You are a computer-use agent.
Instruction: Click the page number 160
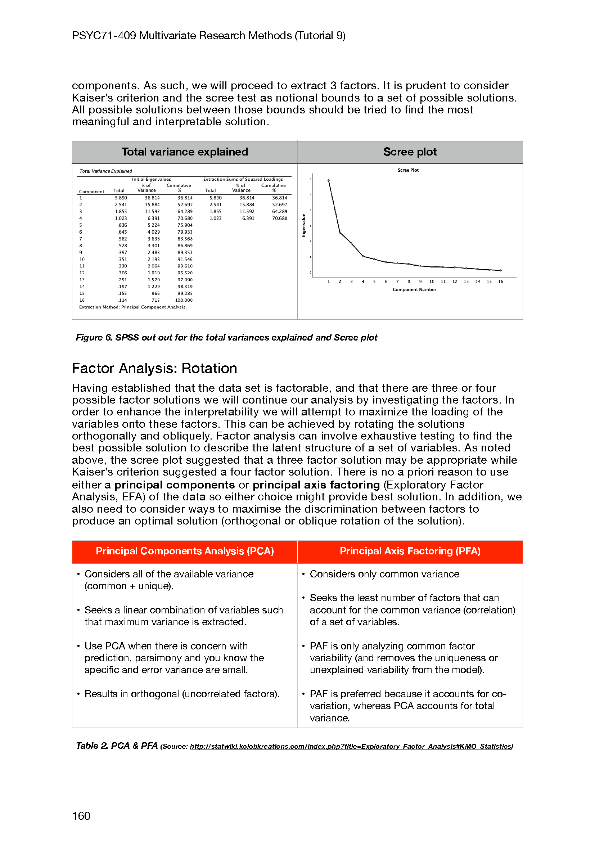(81, 816)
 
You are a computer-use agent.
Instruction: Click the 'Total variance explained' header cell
(184, 152)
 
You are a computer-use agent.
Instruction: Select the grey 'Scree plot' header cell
(410, 152)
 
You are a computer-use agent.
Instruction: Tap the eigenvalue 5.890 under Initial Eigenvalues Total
(121, 198)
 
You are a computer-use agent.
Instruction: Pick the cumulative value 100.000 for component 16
(184, 300)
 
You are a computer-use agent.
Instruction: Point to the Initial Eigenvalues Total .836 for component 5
(122, 225)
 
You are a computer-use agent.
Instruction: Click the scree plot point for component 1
(329, 180)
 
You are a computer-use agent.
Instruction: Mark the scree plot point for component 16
(501, 271)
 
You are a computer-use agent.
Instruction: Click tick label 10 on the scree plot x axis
(432, 282)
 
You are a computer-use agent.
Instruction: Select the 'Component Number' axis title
(414, 289)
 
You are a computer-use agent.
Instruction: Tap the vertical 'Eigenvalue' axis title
(303, 225)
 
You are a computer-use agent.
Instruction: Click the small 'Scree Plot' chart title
(408, 170)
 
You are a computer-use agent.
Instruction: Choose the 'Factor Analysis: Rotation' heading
(154, 368)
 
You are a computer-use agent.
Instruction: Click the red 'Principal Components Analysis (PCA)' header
(184, 551)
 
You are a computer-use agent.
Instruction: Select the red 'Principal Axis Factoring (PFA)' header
(410, 551)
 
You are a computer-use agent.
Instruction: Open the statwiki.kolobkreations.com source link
(351, 746)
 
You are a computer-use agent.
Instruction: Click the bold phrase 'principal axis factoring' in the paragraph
(316, 485)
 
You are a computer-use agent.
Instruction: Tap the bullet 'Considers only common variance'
(384, 574)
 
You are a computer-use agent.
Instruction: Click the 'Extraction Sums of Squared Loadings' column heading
(243, 179)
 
